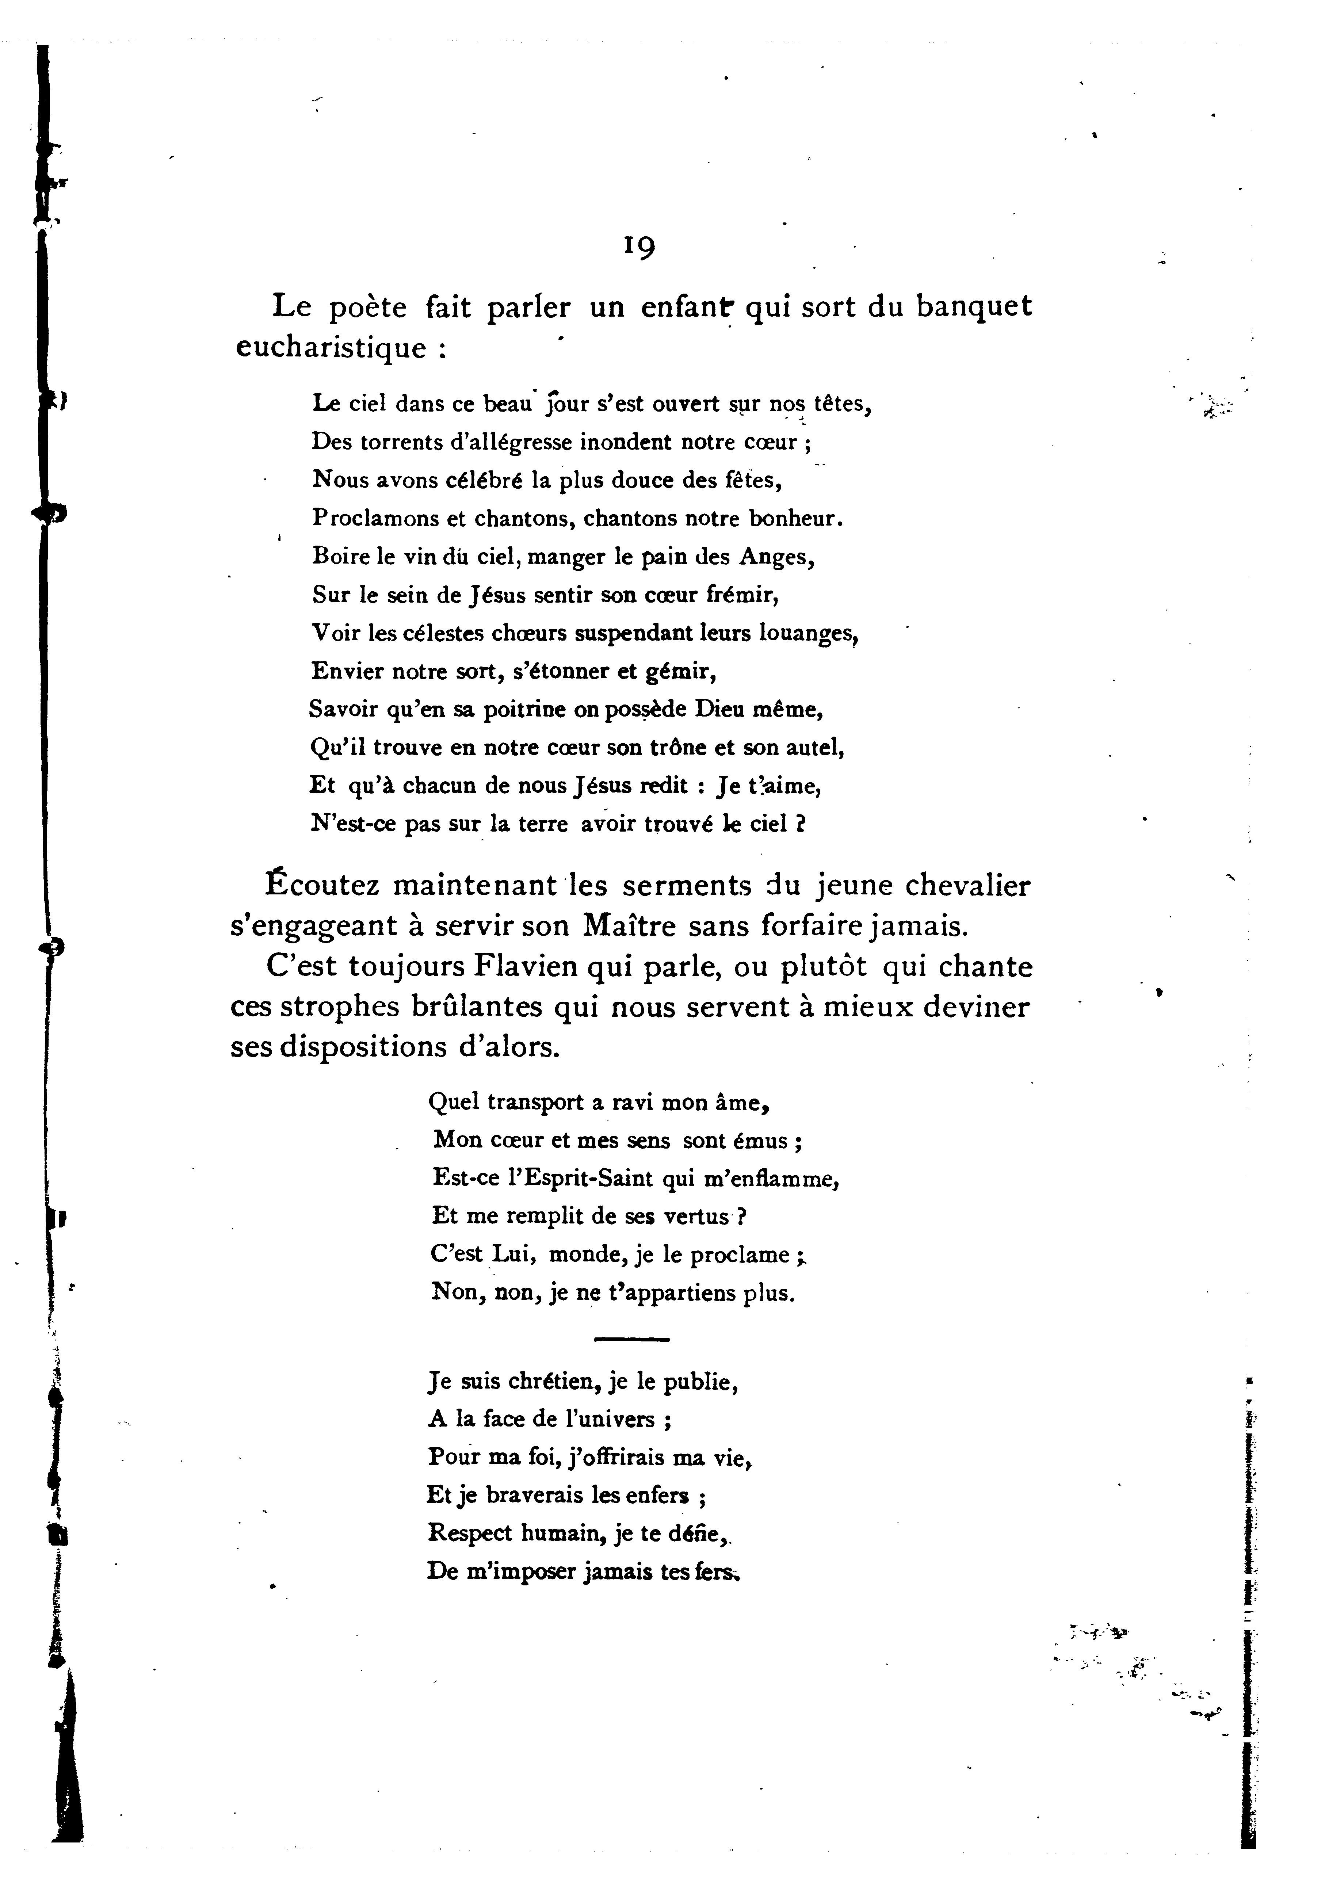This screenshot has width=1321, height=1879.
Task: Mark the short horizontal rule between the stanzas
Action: [x=631, y=1340]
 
